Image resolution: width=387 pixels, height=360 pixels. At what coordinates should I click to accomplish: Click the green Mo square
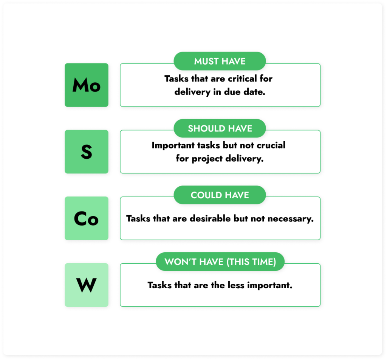click(87, 85)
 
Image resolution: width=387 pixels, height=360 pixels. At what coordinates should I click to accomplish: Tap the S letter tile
click(87, 151)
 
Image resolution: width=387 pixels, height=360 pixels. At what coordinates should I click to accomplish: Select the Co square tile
click(87, 218)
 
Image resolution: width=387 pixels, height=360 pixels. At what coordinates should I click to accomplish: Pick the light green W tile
click(87, 285)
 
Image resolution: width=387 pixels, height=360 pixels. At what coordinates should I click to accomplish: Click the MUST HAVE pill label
click(220, 61)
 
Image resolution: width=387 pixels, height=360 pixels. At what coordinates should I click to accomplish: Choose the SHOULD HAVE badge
click(220, 128)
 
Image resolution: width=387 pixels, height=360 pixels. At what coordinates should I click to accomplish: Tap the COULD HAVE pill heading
click(220, 195)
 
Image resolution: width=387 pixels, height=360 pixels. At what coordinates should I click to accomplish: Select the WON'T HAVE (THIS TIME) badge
click(220, 261)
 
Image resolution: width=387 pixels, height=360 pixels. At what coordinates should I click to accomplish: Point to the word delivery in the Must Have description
click(192, 92)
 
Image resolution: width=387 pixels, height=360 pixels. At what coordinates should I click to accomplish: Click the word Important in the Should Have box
click(173, 145)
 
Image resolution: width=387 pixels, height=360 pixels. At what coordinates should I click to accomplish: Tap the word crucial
click(271, 145)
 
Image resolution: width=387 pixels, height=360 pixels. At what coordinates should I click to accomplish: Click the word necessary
click(291, 219)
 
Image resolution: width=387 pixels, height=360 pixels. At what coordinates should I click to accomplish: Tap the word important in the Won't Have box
click(270, 286)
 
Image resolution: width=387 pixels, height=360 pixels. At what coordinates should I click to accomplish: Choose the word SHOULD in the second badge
click(207, 128)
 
